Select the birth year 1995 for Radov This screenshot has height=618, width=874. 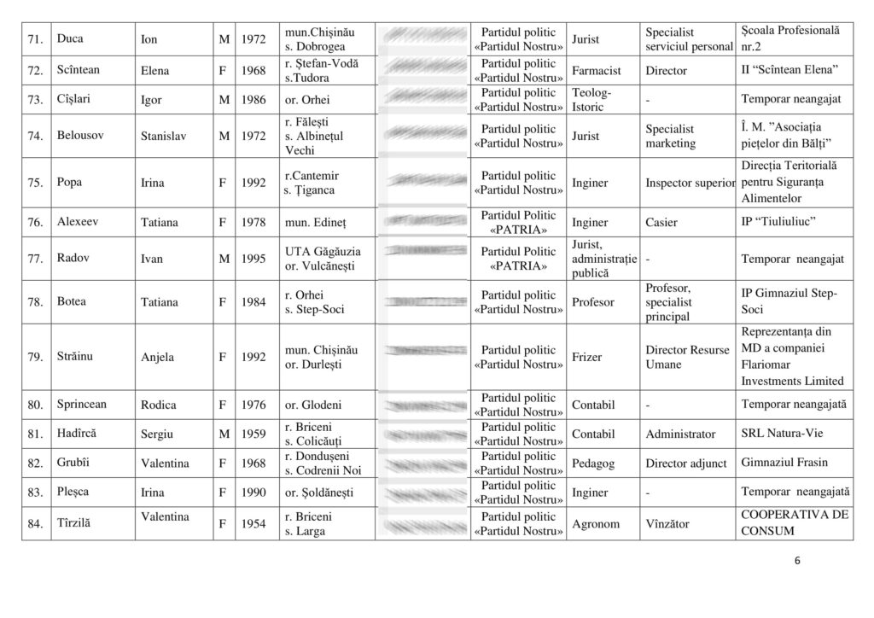point(253,259)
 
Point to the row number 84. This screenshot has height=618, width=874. point(35,523)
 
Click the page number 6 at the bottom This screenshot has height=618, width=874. point(796,562)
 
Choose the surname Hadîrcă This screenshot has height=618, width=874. point(77,434)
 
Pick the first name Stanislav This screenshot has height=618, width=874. point(164,136)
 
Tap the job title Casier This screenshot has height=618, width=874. point(661,222)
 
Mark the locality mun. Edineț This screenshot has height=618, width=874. point(316,222)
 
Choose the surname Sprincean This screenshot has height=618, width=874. point(84,405)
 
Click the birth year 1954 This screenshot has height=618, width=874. point(253,523)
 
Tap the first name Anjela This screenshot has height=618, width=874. point(157,357)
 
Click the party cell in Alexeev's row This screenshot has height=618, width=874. point(518,222)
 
